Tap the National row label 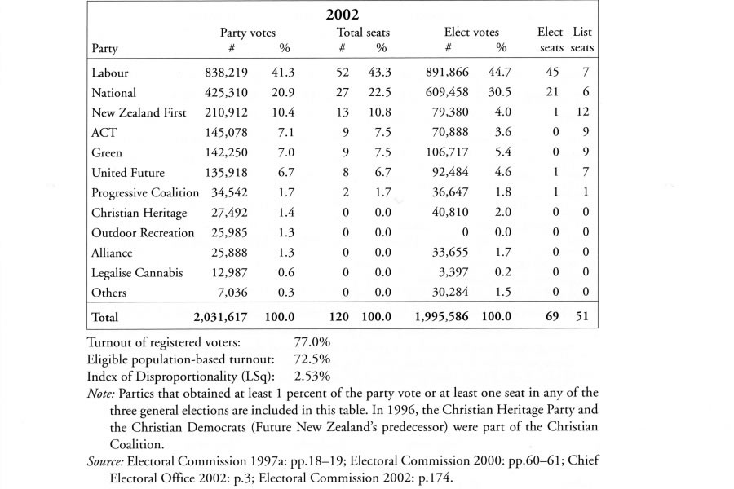click(114, 93)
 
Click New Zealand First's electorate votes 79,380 click(453, 112)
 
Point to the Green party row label click(107, 152)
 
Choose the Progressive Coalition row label click(145, 192)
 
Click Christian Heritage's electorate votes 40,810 click(453, 213)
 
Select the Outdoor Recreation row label click(143, 232)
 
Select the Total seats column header click(363, 33)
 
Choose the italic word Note click(99, 393)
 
